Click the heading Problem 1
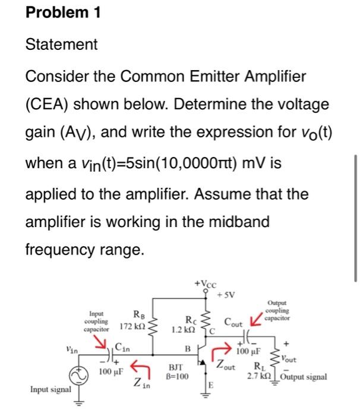(x=62, y=14)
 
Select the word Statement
(x=61, y=45)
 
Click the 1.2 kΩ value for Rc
(x=182, y=329)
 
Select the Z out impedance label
(x=226, y=365)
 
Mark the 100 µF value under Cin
(x=110, y=373)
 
